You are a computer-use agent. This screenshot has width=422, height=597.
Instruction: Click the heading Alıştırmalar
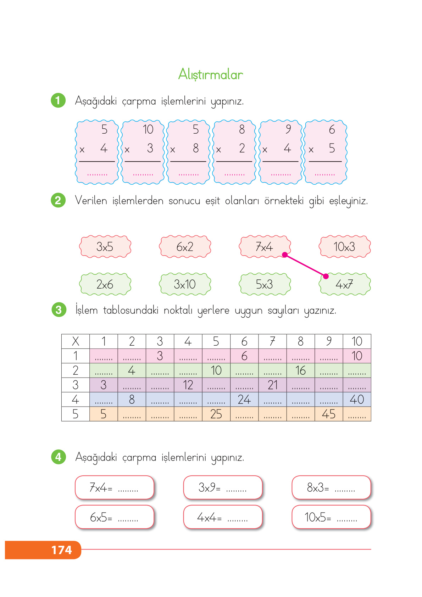(x=210, y=74)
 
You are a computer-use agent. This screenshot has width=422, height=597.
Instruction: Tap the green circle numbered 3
(x=59, y=310)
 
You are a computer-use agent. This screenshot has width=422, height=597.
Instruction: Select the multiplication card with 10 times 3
(x=143, y=152)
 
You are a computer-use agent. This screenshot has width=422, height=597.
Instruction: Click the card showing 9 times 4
(x=281, y=152)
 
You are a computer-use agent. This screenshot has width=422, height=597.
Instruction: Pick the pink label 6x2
(x=185, y=247)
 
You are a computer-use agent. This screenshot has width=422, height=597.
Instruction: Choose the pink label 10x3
(x=344, y=247)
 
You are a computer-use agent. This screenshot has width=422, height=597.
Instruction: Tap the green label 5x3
(x=265, y=284)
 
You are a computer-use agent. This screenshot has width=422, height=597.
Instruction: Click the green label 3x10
(x=185, y=284)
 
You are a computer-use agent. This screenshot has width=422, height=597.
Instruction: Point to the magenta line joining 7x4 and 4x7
(x=305, y=266)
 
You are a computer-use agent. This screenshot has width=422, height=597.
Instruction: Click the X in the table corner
(x=76, y=341)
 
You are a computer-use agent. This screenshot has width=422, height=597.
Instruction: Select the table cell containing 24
(x=244, y=400)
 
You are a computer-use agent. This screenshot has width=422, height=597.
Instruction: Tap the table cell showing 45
(x=329, y=414)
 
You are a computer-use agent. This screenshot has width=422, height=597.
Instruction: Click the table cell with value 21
(x=272, y=385)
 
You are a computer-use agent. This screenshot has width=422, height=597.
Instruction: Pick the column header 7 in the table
(x=272, y=341)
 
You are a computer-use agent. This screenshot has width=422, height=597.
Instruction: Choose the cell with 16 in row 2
(x=300, y=370)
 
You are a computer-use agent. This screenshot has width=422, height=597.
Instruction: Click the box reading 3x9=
(x=222, y=488)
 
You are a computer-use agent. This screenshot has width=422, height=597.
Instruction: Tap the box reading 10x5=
(x=331, y=517)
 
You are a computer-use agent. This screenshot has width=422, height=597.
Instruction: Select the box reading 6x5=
(x=114, y=517)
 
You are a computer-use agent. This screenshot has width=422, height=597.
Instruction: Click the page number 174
(x=62, y=550)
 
